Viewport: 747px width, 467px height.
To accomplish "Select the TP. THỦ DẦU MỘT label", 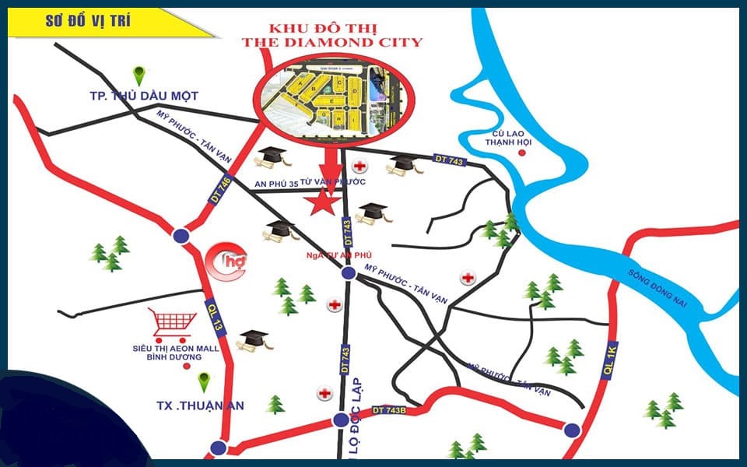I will [143, 96].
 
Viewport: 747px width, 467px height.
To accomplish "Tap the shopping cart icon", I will [173, 322].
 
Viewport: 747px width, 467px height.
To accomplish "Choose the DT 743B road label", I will [390, 409].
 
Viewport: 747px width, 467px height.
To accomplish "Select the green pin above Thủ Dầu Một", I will [139, 75].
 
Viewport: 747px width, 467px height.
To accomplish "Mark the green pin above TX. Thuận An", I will [204, 383].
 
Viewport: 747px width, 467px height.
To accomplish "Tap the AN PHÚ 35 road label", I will [277, 184].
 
